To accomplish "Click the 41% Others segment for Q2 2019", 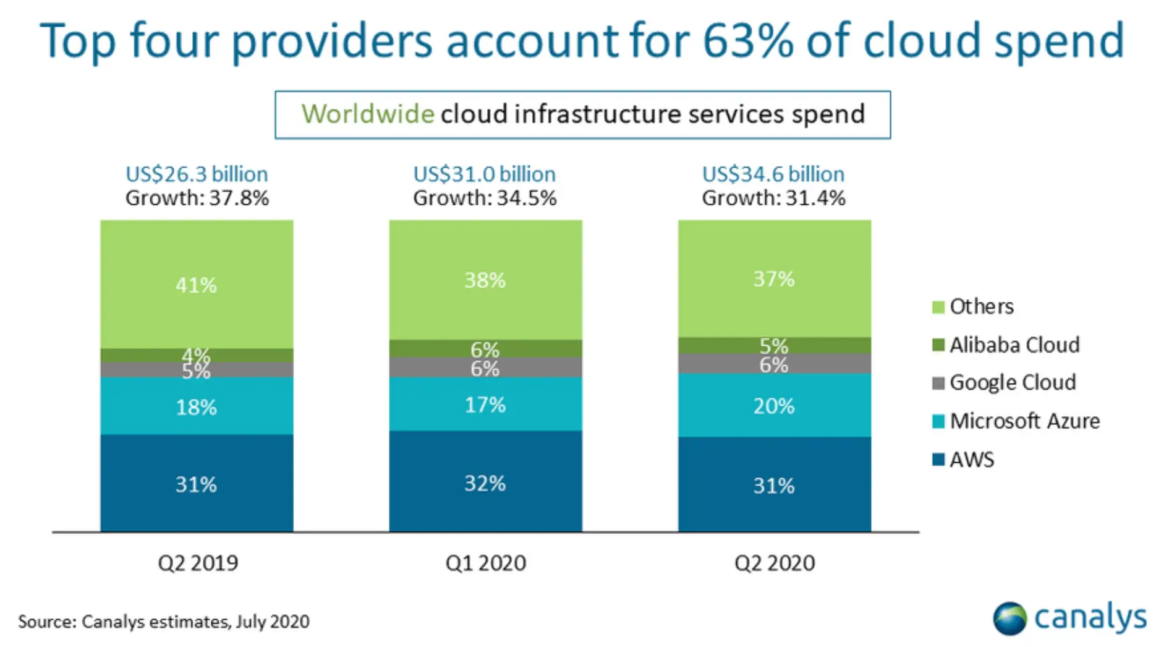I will [x=197, y=285].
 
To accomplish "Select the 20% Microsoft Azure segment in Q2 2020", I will [x=774, y=406].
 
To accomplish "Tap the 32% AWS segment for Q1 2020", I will [x=485, y=482].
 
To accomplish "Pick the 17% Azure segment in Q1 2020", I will [x=485, y=405].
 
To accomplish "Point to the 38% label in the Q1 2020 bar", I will [x=485, y=280].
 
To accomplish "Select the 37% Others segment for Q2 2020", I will [x=774, y=279].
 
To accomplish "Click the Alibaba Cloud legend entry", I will [x=1014, y=345].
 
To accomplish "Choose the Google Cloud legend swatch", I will [x=938, y=383].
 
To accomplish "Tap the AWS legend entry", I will [x=971, y=460].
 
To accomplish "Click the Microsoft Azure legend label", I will [x=1024, y=421].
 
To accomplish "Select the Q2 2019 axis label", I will [x=198, y=563].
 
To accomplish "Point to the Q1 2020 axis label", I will [x=485, y=563].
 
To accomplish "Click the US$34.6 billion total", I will [x=773, y=174].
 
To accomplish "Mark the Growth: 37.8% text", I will [x=197, y=198].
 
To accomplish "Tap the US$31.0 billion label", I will [x=484, y=174].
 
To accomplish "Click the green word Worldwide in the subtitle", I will [x=367, y=114].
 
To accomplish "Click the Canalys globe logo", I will [x=1009, y=618].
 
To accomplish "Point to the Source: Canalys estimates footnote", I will [x=163, y=621].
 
